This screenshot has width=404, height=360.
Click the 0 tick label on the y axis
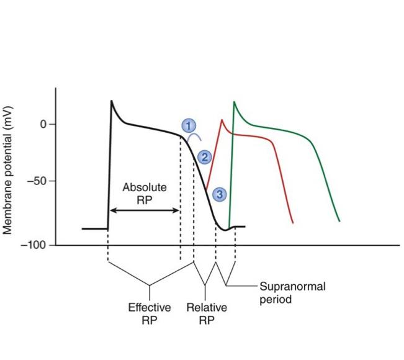tap(44, 124)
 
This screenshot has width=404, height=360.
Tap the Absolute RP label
tap(144, 192)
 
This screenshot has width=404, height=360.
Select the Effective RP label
tap(149, 314)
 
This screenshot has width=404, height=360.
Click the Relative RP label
tap(207, 314)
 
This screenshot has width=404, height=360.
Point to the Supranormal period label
tap(292, 292)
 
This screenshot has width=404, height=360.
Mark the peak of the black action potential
tap(112, 101)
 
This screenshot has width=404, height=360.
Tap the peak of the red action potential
tap(222, 120)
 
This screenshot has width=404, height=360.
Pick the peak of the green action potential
tap(234, 102)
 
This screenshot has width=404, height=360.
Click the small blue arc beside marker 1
tap(195, 137)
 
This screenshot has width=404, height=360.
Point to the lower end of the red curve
tap(292, 222)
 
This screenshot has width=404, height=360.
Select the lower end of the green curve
tap(339, 220)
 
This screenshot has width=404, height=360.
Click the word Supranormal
tap(292, 287)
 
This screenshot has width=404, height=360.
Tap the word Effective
tap(149, 308)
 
